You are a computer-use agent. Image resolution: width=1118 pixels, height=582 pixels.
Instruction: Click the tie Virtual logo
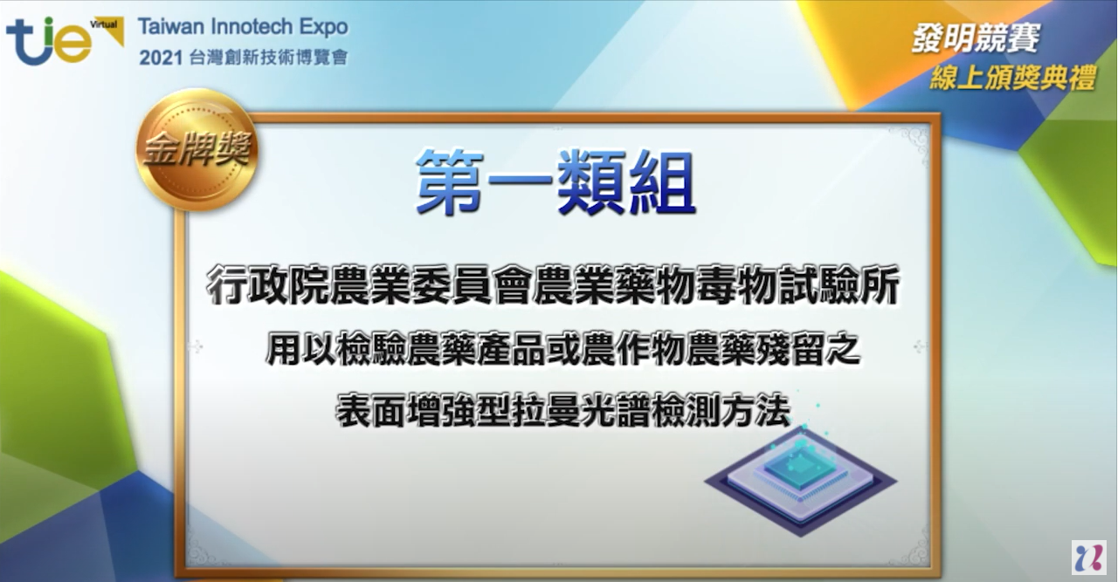pyautogui.click(x=64, y=40)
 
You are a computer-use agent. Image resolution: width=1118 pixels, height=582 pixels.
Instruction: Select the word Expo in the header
pyautogui.click(x=323, y=27)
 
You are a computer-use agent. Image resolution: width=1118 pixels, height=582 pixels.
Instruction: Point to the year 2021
pyautogui.click(x=161, y=58)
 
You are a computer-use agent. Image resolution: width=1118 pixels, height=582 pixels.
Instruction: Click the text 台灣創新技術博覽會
pyautogui.click(x=268, y=58)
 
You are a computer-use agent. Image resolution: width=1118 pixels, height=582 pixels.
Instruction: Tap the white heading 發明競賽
pyautogui.click(x=976, y=38)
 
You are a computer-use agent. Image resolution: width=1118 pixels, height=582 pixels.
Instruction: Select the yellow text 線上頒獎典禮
pyautogui.click(x=1012, y=78)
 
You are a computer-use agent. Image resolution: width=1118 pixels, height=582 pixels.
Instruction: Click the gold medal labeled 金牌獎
pyautogui.click(x=197, y=148)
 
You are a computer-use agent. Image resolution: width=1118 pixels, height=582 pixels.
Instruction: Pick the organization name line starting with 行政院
pyautogui.click(x=553, y=284)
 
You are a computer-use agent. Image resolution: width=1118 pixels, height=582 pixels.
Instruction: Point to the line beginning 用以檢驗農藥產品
pyautogui.click(x=562, y=349)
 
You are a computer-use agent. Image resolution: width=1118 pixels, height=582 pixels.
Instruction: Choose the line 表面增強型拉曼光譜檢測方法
pyautogui.click(x=563, y=411)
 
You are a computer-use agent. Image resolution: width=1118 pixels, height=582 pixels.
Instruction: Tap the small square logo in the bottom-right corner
pyautogui.click(x=1088, y=557)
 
